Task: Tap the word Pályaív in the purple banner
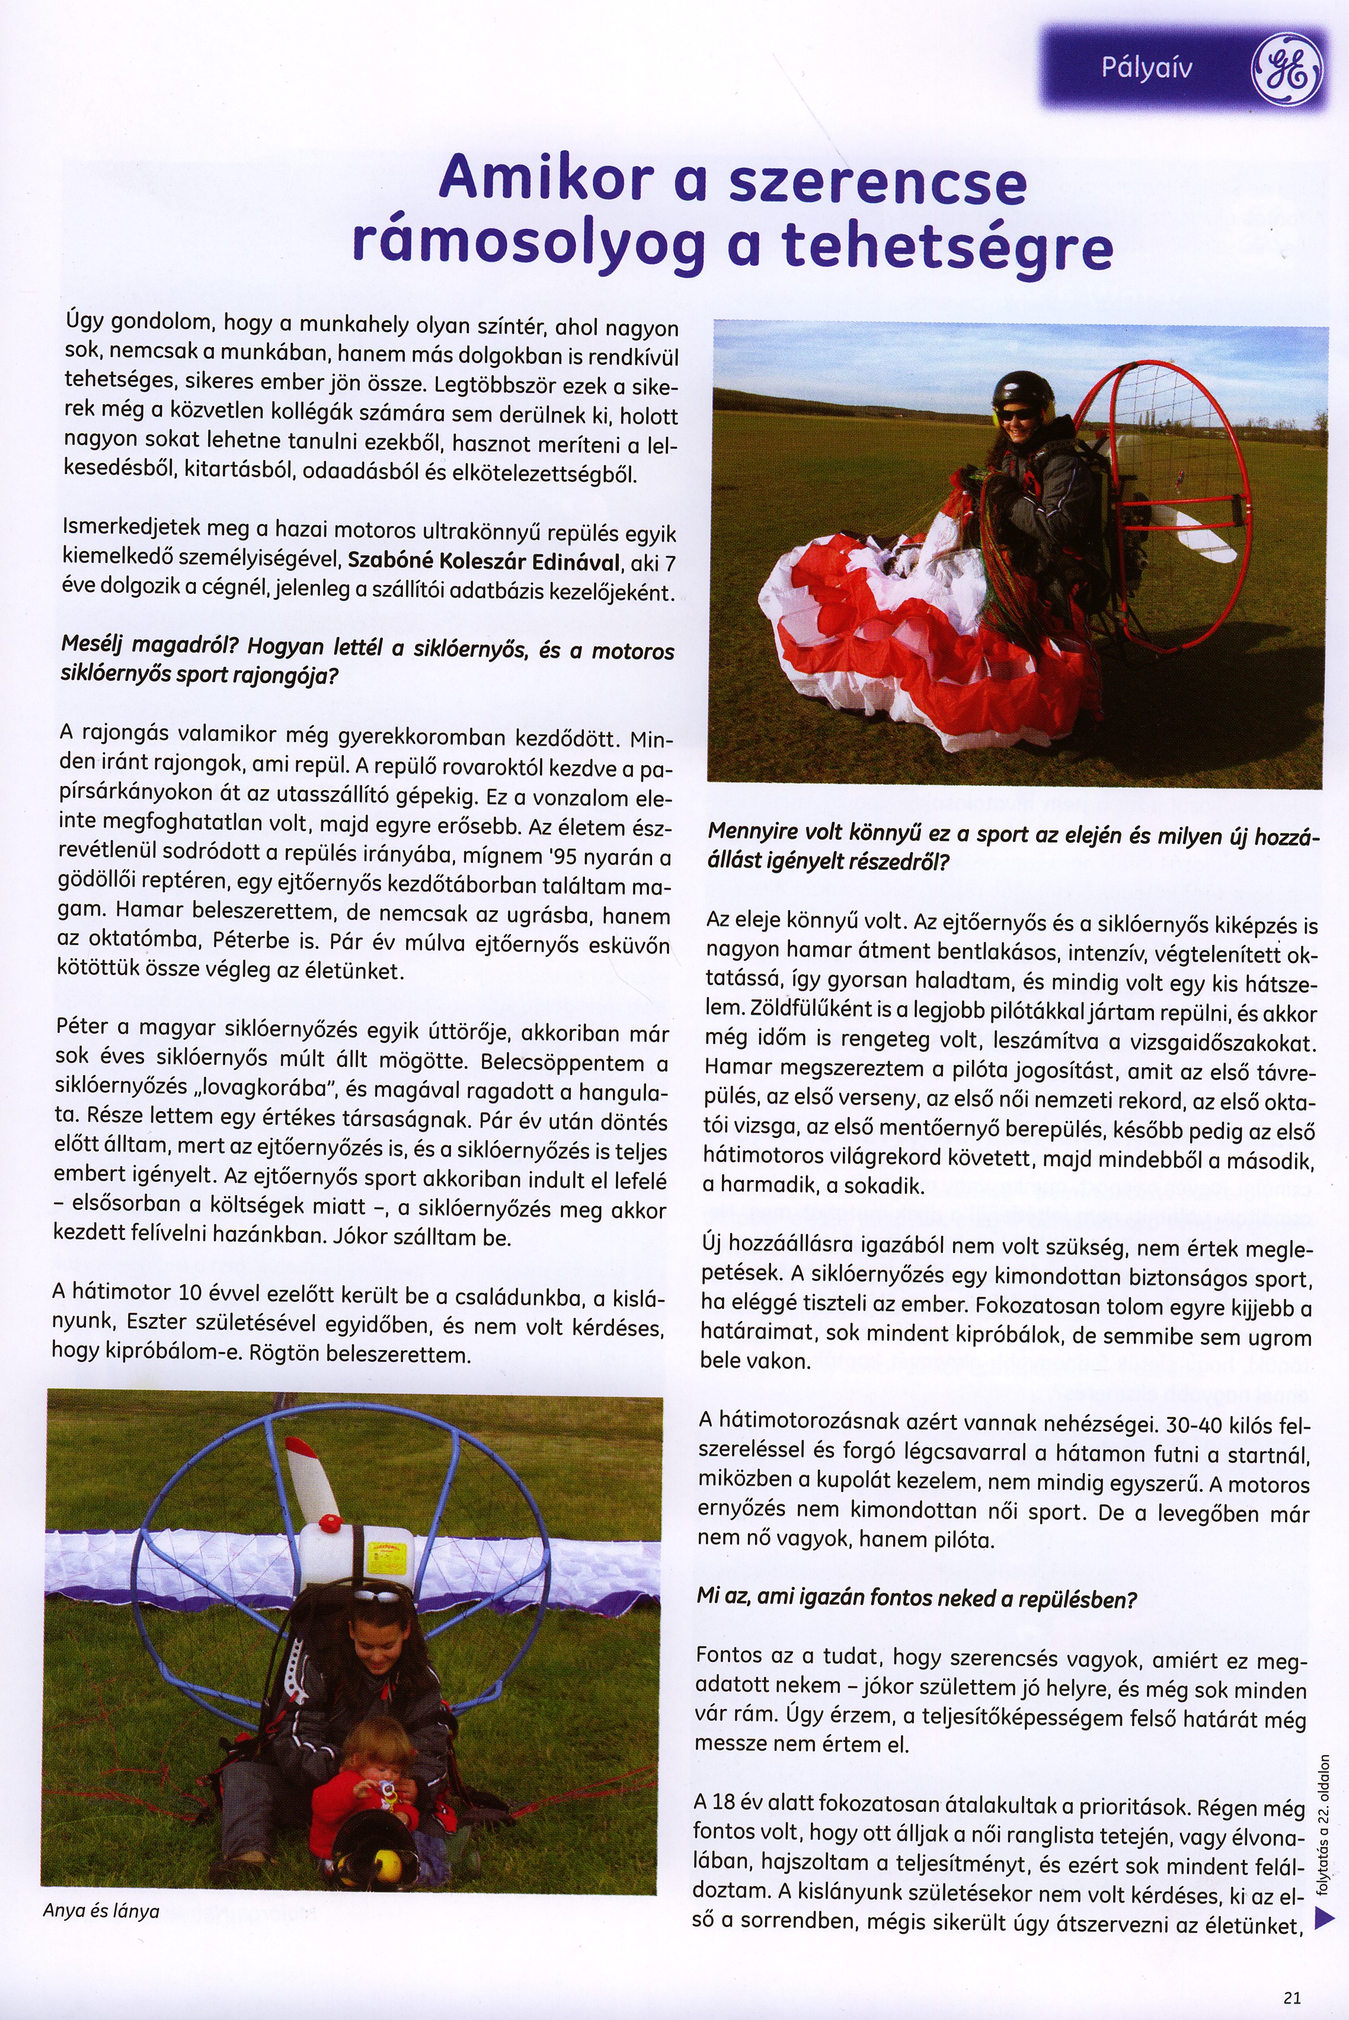click(x=1147, y=67)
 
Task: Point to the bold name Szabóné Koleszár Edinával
click(x=484, y=562)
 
